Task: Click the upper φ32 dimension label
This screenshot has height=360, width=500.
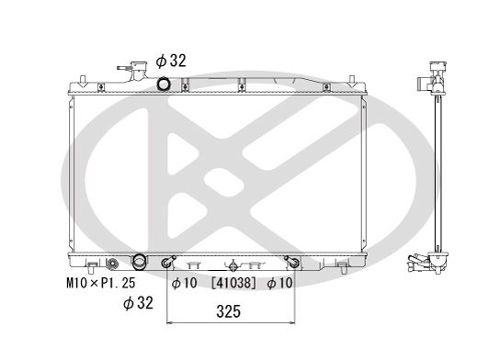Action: (x=172, y=61)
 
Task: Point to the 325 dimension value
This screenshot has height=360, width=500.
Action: (x=229, y=312)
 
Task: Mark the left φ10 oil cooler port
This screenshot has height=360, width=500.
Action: (x=168, y=264)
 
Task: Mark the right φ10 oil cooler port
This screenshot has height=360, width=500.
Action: (x=291, y=264)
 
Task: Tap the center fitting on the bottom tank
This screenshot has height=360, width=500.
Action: (x=233, y=262)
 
